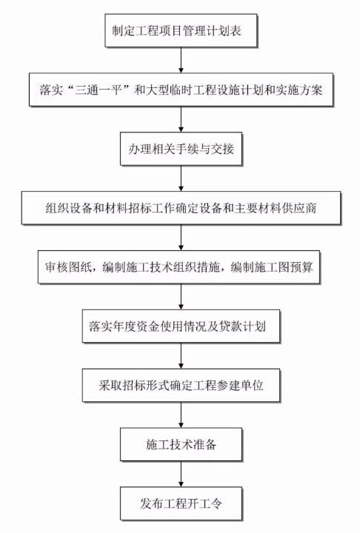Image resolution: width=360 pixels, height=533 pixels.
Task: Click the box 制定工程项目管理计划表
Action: point(181,30)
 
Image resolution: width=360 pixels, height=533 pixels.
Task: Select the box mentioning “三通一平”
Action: point(181,90)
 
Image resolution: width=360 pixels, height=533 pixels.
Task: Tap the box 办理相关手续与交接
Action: point(181,149)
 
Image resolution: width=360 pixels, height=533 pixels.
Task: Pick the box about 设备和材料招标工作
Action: point(181,208)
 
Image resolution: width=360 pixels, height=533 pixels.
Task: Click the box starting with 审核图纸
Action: point(179,267)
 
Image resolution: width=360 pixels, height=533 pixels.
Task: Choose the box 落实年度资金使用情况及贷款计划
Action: point(181,326)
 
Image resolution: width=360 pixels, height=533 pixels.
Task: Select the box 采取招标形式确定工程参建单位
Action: point(181,386)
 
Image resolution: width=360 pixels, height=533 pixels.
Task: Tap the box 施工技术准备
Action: point(181,445)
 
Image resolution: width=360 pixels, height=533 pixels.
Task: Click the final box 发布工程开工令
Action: point(181,504)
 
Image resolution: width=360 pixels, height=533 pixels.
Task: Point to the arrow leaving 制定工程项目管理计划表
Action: point(181,60)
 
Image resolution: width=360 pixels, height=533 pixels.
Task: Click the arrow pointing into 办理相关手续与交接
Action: point(181,119)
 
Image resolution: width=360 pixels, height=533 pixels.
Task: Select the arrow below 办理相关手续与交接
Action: point(181,178)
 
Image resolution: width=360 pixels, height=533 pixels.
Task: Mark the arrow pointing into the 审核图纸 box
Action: point(181,238)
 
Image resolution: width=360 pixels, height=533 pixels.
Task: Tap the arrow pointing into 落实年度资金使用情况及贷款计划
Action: point(181,297)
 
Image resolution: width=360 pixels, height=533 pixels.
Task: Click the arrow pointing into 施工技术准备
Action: point(181,415)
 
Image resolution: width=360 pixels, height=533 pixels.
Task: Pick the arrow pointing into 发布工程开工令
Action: point(181,475)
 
